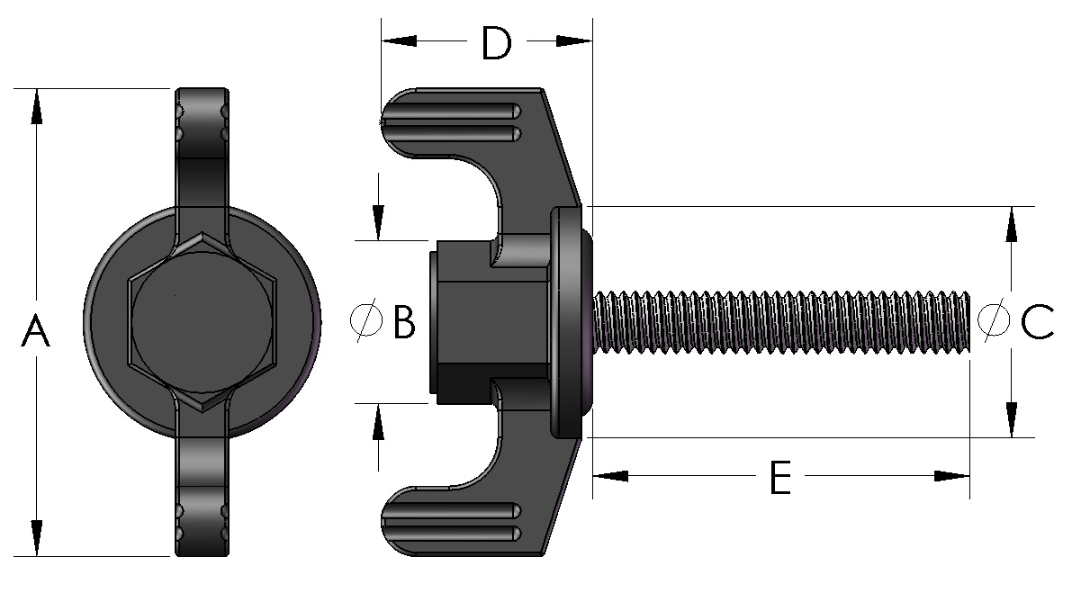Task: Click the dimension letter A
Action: (x=35, y=331)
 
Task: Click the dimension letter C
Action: (x=1037, y=321)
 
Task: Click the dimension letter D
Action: (x=496, y=43)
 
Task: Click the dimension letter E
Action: (x=779, y=477)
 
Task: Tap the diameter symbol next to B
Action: (x=365, y=321)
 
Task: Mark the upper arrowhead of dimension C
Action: (x=1012, y=224)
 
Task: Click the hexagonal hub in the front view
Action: (x=202, y=321)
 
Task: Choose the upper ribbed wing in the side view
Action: (x=459, y=121)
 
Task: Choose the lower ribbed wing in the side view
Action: (x=459, y=522)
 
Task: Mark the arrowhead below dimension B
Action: (x=378, y=423)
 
